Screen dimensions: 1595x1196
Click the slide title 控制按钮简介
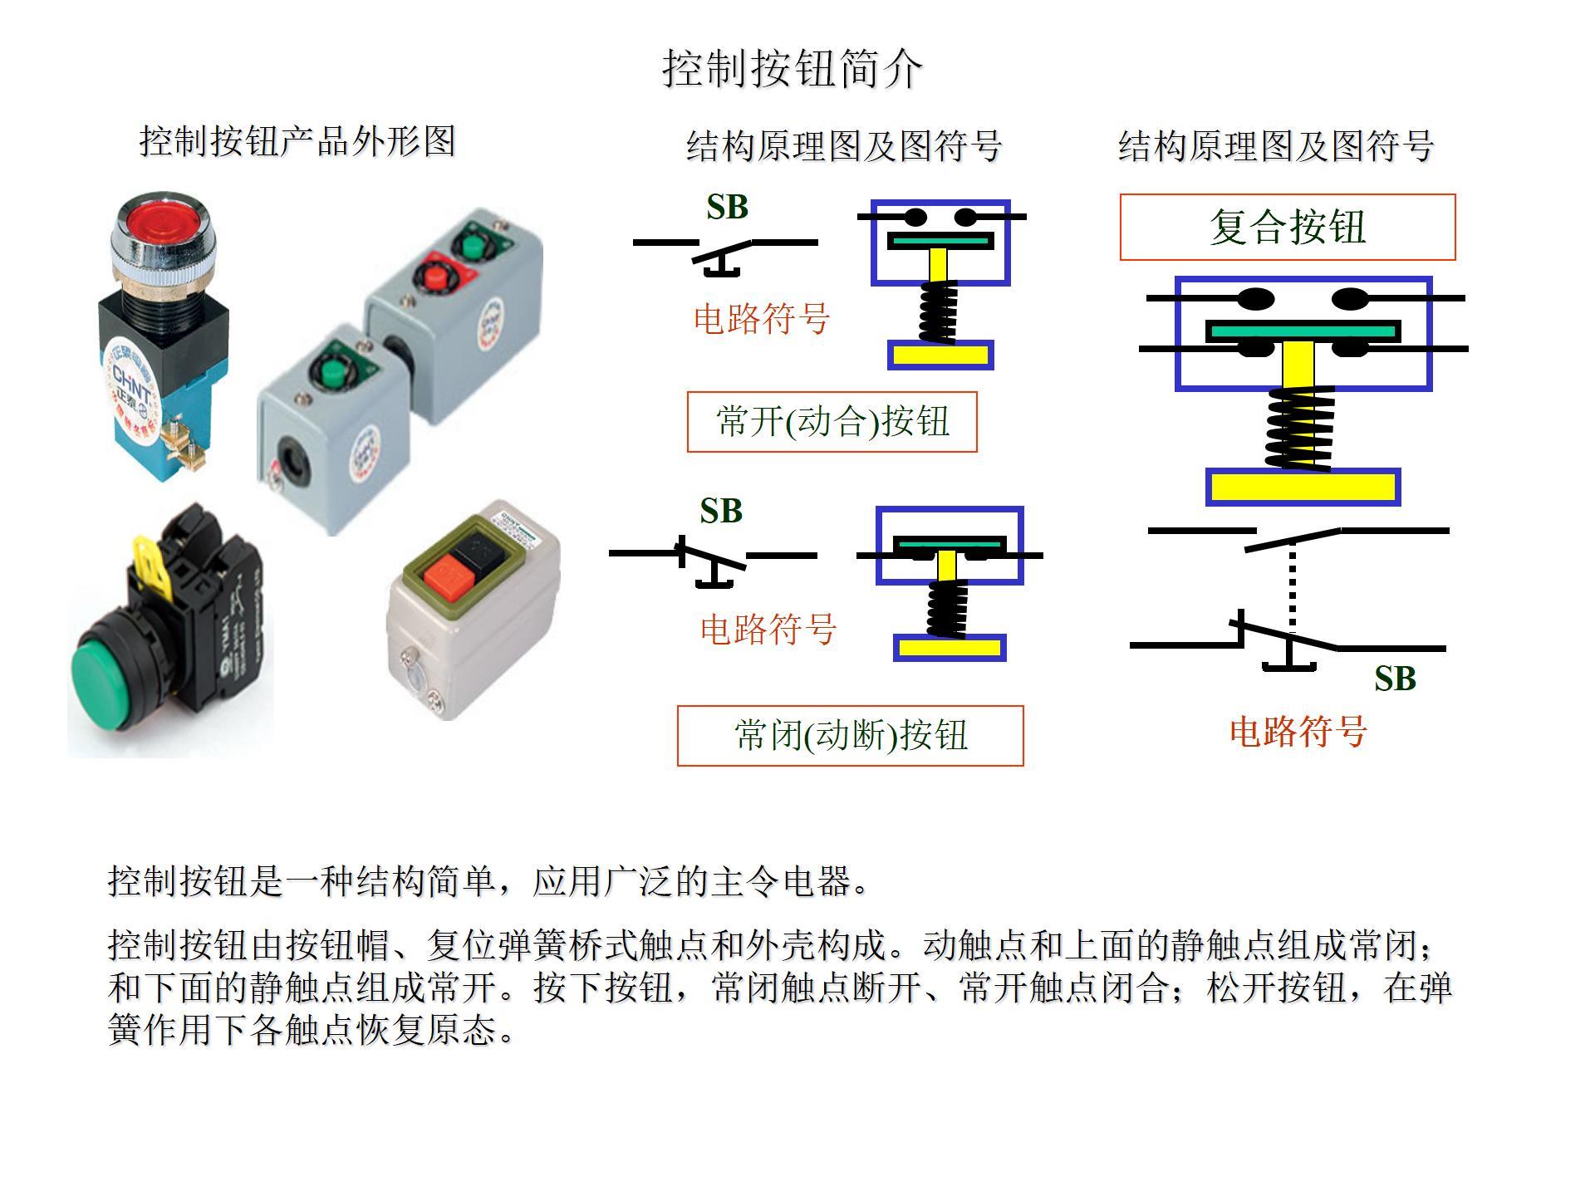[x=792, y=68]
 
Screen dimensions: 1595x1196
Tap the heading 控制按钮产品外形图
[x=297, y=141]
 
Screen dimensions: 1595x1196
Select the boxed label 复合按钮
[x=1288, y=227]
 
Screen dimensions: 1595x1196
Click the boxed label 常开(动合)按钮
[x=832, y=422]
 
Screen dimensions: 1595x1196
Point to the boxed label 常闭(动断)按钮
[x=850, y=735]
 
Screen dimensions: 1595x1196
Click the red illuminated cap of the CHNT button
[x=162, y=218]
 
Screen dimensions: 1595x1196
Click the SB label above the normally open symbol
[x=727, y=207]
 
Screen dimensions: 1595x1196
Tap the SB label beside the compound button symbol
[x=1395, y=679]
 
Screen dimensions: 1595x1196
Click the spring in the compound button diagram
[x=1299, y=429]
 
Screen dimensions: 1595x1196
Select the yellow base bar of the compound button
[x=1303, y=487]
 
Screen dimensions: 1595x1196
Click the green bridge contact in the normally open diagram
[x=940, y=241]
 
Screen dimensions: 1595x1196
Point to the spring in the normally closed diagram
[x=947, y=608]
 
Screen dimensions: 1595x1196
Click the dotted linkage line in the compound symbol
[x=1292, y=586]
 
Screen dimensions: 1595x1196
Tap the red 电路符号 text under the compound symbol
[x=1298, y=732]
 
